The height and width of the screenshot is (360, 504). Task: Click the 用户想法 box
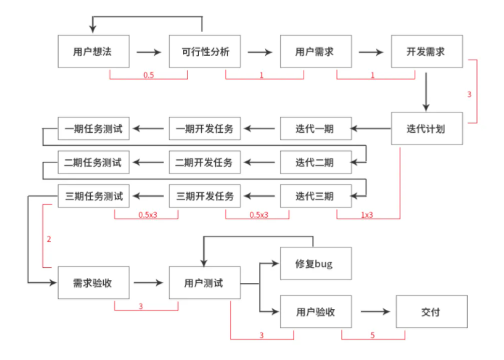(x=94, y=52)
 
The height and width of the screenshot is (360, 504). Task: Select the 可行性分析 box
(x=205, y=52)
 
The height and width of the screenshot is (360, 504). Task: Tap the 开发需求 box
(x=427, y=52)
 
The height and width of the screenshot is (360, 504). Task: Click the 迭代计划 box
(x=427, y=128)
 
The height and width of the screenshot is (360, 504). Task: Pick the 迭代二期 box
(x=316, y=162)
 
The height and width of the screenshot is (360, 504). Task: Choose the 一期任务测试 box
(x=94, y=128)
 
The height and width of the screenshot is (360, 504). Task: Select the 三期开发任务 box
(x=205, y=196)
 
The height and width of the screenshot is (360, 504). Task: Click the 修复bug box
(x=316, y=263)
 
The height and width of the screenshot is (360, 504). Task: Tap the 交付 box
(x=431, y=311)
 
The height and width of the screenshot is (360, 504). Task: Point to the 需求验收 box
(x=94, y=282)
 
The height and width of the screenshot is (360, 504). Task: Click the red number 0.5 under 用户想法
(x=148, y=75)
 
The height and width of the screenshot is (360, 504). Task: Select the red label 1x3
(x=367, y=215)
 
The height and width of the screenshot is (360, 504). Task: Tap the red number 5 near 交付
(x=373, y=335)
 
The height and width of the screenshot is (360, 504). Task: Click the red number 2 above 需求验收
(x=49, y=239)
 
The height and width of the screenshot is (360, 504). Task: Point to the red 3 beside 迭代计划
(x=469, y=94)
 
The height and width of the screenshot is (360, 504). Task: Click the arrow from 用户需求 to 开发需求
(x=371, y=52)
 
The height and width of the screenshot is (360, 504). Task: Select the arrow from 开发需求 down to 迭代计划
(x=426, y=92)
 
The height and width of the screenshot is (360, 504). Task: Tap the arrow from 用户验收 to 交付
(x=375, y=311)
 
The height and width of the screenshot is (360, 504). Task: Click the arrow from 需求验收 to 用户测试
(x=148, y=282)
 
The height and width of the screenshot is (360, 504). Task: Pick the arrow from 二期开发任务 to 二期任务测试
(x=148, y=162)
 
